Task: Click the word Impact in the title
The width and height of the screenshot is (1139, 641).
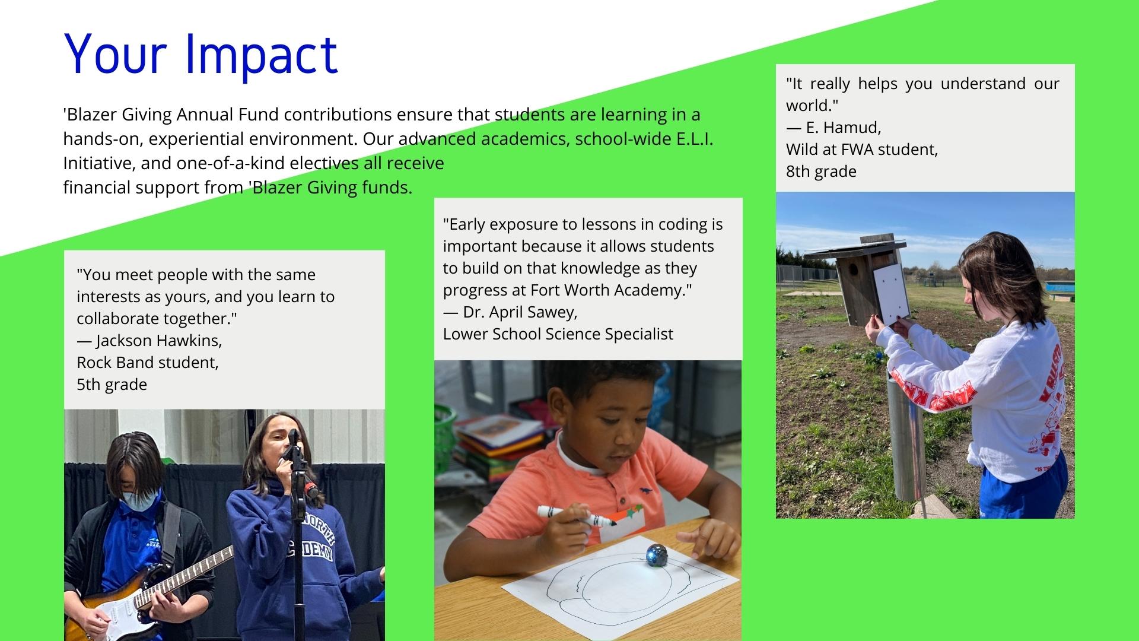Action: tap(262, 55)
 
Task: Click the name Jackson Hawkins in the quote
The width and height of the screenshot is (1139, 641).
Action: tap(158, 341)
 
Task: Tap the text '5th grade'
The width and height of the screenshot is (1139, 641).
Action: tap(112, 385)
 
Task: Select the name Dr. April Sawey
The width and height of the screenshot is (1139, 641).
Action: tap(520, 312)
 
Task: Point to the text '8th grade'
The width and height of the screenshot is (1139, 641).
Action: tap(821, 172)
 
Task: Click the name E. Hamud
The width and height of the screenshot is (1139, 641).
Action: tap(843, 128)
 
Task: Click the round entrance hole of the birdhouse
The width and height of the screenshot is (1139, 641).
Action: tap(854, 269)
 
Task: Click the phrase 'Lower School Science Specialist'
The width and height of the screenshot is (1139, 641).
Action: tap(558, 334)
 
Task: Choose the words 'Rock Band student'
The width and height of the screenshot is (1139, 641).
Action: tap(148, 363)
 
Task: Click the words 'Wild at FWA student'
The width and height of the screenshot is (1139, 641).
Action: tap(862, 150)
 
